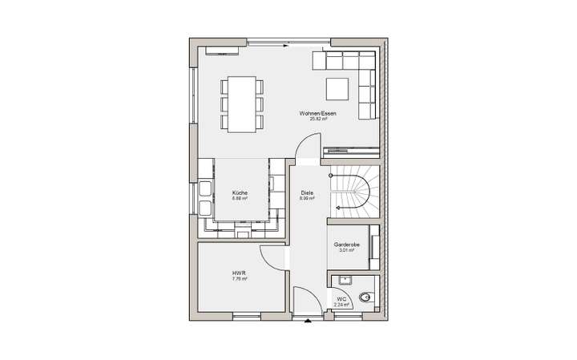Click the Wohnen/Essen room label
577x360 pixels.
coord(317,113)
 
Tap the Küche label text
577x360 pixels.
coord(240,193)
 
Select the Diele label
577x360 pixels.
coord(307,193)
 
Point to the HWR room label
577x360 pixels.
coord(238,273)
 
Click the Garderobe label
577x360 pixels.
coord(347,245)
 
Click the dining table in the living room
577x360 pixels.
coord(241,104)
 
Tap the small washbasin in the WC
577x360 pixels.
coord(345,279)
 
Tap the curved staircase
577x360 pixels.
coord(353,192)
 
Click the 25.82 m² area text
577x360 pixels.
coord(317,119)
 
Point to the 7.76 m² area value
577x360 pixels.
coord(238,279)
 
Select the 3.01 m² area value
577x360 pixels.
coord(347,250)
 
